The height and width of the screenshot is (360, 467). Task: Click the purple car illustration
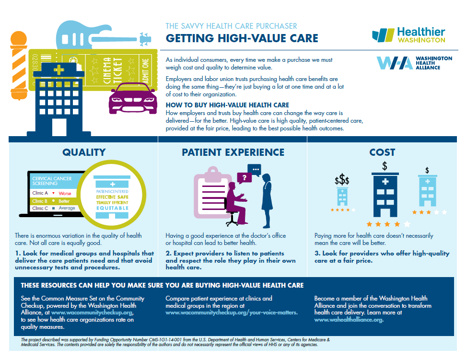point(133,98)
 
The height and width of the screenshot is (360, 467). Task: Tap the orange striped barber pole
point(19,66)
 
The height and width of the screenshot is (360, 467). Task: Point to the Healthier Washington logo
point(409,35)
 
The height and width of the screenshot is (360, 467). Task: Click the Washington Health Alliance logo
point(414,63)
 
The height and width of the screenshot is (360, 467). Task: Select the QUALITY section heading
point(84,152)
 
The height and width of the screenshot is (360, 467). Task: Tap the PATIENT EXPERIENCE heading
point(233,152)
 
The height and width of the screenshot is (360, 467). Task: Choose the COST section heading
point(382,152)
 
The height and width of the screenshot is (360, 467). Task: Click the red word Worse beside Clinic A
point(65,193)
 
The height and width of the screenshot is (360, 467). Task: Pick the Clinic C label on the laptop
point(40,208)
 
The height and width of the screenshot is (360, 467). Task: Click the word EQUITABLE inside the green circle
point(112,208)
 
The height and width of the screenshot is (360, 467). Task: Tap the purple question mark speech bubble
point(245,178)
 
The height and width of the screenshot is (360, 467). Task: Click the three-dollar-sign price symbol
point(342,180)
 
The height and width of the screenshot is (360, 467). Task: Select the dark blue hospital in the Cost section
point(385,195)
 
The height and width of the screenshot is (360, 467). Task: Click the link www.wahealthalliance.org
point(349,320)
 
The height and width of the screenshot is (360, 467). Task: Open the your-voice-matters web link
point(232,313)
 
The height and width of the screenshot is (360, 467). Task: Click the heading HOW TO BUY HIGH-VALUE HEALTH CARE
point(227,105)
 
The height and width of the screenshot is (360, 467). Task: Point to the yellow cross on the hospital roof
point(58,70)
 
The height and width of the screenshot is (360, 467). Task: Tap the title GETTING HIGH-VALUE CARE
point(242,38)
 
